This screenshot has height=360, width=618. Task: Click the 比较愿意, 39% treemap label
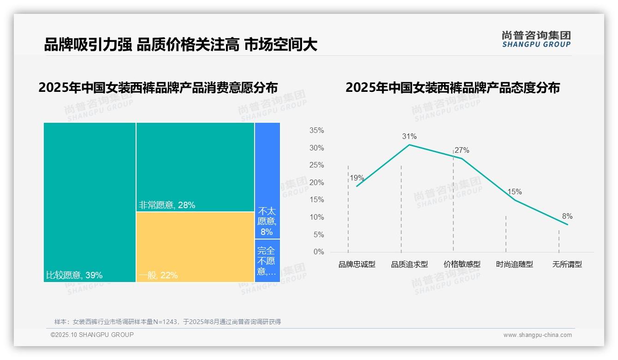[74, 276]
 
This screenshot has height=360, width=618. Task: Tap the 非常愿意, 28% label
[167, 205]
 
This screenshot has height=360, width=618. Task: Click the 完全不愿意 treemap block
[267, 261]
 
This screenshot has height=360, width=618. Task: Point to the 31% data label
[409, 136]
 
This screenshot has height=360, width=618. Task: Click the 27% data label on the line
[462, 150]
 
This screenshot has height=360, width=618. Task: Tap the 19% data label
[357, 178]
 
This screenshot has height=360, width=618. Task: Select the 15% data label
[514, 192]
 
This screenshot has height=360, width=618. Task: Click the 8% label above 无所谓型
[567, 216]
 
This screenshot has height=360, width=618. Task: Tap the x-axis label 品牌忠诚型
[357, 264]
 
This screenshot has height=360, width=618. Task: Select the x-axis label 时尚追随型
[514, 264]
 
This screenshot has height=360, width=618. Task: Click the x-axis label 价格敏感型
[462, 264]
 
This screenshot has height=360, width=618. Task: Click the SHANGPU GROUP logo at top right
[536, 39]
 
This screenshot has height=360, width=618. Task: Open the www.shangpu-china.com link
[537, 335]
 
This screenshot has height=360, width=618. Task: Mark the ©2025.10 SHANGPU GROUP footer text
[92, 335]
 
